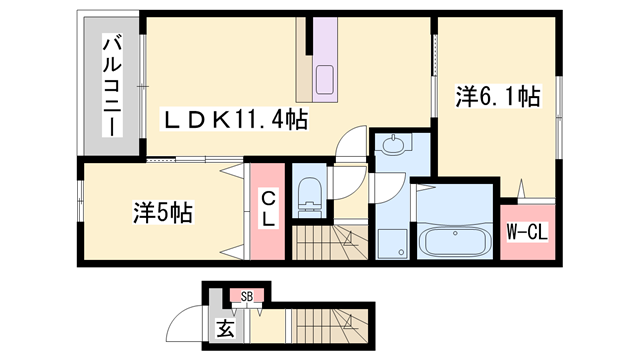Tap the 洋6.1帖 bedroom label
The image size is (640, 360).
pos(498,97)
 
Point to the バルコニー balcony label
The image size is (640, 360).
pos(111,86)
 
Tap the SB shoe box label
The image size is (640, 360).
pos(246,296)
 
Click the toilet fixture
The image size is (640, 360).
pos(310,196)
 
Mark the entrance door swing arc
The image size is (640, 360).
pos(186,322)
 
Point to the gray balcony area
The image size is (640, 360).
pos(110,86)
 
